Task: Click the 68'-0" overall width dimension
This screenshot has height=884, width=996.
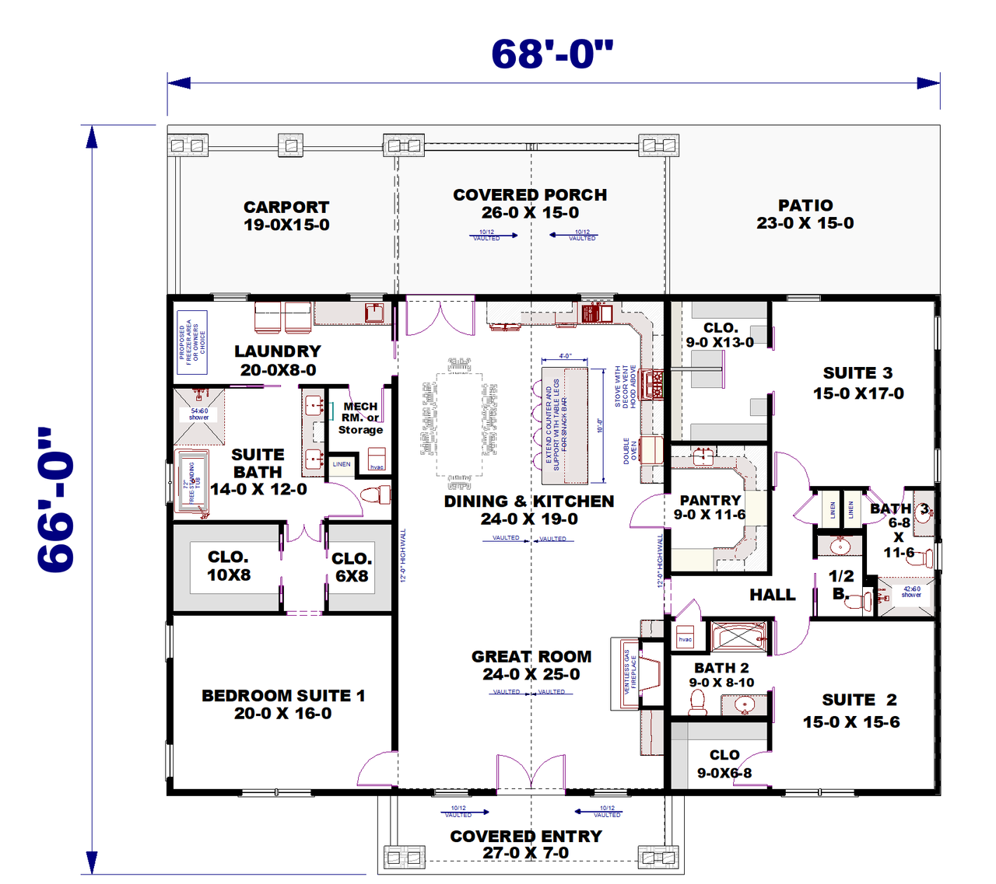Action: click(552, 54)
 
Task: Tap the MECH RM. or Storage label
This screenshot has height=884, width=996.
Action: click(360, 418)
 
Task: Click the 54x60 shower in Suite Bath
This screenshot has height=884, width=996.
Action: click(199, 414)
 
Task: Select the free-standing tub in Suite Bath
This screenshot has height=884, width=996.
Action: click(191, 482)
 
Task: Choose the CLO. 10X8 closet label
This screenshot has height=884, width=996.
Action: click(229, 566)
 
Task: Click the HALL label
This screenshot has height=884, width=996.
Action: click(773, 595)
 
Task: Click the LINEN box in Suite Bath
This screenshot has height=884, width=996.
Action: click(342, 464)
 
